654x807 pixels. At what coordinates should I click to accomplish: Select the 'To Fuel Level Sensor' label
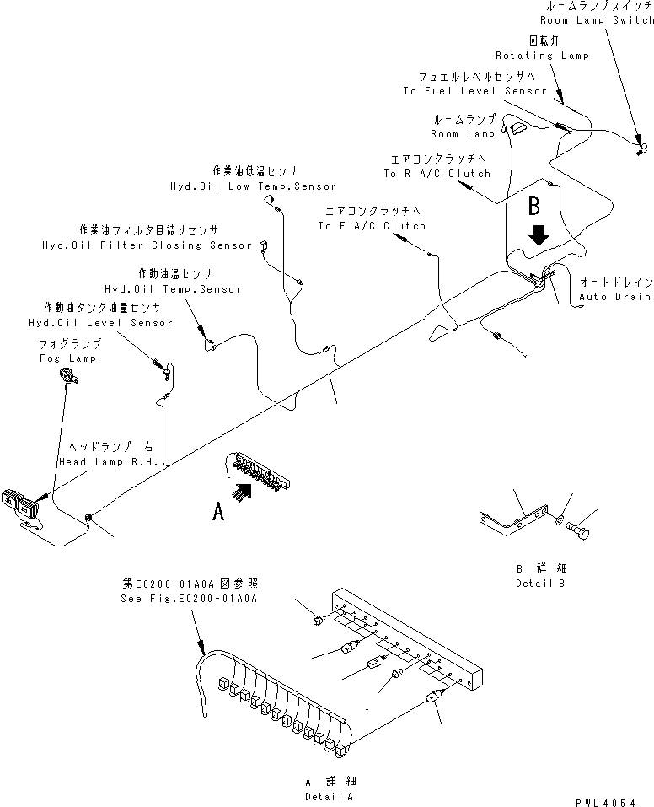click(x=475, y=91)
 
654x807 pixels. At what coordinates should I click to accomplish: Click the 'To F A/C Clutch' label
click(x=372, y=226)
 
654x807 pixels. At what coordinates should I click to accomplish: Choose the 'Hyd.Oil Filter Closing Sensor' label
click(x=147, y=245)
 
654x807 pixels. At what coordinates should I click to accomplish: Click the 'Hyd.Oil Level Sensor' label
click(x=100, y=323)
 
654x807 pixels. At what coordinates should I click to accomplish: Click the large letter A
click(x=218, y=511)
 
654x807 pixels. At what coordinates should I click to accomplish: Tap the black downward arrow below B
click(x=539, y=237)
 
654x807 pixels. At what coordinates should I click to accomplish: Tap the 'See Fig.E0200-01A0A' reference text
click(x=189, y=598)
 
